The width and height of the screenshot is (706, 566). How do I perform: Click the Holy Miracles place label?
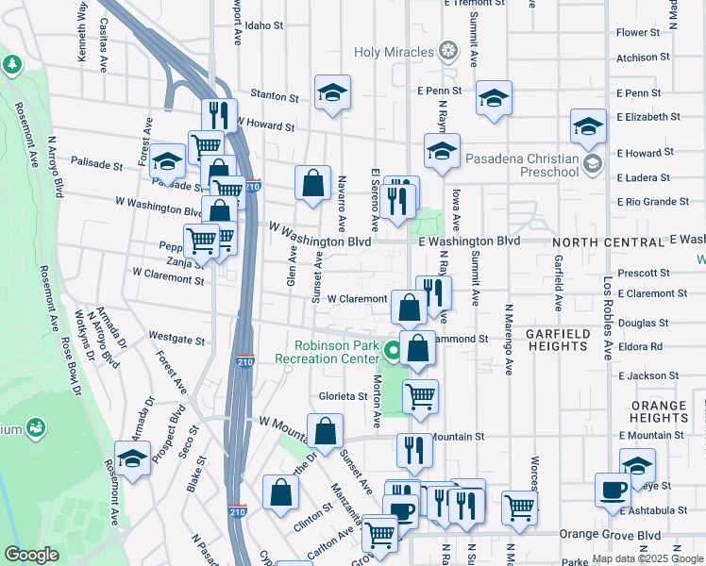pyautogui.click(x=394, y=51)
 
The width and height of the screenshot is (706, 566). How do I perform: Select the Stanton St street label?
pyautogui.click(x=274, y=95)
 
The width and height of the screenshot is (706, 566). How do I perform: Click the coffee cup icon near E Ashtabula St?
pyautogui.click(x=613, y=491)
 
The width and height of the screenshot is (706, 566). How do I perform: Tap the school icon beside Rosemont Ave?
pyautogui.click(x=133, y=458)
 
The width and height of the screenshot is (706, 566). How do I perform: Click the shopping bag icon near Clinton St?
pyautogui.click(x=281, y=492)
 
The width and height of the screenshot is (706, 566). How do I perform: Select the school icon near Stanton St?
pyautogui.click(x=332, y=92)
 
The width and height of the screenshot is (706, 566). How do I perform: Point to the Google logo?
pyautogui.click(x=32, y=556)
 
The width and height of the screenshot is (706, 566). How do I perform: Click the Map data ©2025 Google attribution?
pyautogui.click(x=647, y=558)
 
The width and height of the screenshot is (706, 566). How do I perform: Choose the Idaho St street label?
pyautogui.click(x=264, y=26)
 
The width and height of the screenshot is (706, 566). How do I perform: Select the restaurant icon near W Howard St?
pyautogui.click(x=219, y=114)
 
